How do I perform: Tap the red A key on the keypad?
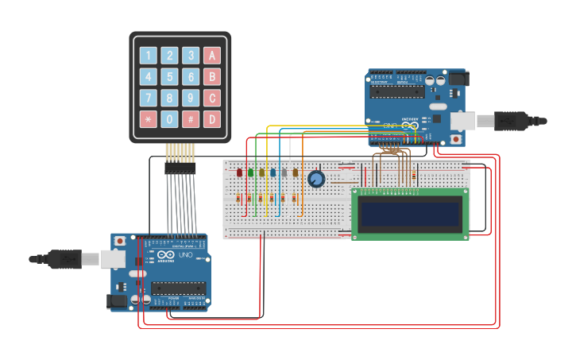click(x=211, y=56)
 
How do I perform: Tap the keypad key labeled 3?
click(x=191, y=56)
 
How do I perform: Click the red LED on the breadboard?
click(x=240, y=172)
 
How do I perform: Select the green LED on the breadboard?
click(x=251, y=172)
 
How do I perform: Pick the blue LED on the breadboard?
click(x=273, y=172)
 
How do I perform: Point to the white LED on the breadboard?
click(x=284, y=172)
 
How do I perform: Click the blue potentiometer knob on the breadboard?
click(x=316, y=180)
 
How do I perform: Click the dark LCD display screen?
click(x=410, y=213)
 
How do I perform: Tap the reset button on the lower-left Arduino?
click(x=120, y=241)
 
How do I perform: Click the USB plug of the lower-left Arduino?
click(x=64, y=259)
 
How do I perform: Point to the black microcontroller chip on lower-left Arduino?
click(x=178, y=287)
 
